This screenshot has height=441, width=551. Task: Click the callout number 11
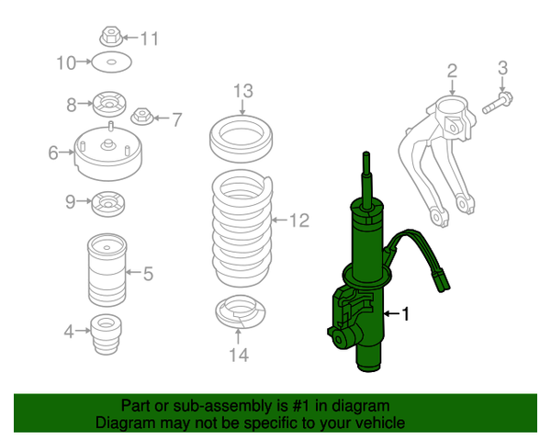point(149,39)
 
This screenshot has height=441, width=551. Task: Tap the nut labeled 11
point(109,38)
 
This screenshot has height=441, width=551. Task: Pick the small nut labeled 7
point(142,117)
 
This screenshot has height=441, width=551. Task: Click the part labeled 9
point(109,201)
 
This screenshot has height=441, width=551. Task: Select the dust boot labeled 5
point(108,271)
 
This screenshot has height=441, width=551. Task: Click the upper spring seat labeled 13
point(241,135)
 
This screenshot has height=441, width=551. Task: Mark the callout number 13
point(241,90)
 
